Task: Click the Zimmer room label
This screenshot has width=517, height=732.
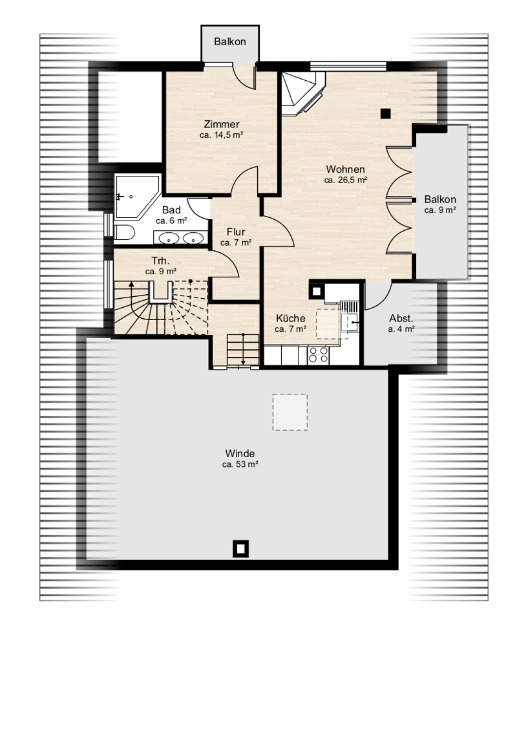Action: coord(222,124)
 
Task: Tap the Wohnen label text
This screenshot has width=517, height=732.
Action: coord(345,169)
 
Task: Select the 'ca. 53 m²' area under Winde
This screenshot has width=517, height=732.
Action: coord(240,464)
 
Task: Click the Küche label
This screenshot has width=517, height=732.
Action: coord(291,318)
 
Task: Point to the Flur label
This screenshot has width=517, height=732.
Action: coord(236,232)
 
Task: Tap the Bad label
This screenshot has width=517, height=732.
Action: coord(171,210)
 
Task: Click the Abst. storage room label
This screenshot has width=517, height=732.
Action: coord(401,318)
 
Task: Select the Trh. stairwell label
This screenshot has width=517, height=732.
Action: coord(160,261)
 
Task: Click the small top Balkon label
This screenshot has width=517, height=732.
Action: coord(230,41)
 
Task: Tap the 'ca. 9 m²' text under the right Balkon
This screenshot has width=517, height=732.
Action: coord(440,210)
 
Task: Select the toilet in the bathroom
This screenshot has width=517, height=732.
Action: coord(124,233)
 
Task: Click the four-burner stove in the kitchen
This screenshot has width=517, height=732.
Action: coord(318,355)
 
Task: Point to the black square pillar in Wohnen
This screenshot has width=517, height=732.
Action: coord(385,113)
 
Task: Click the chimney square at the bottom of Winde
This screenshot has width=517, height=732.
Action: coord(240,549)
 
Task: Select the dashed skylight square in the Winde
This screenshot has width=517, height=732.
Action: coord(290,412)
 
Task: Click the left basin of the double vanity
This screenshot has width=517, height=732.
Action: coord(169,238)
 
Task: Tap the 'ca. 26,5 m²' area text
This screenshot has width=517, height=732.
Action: coord(345,180)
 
